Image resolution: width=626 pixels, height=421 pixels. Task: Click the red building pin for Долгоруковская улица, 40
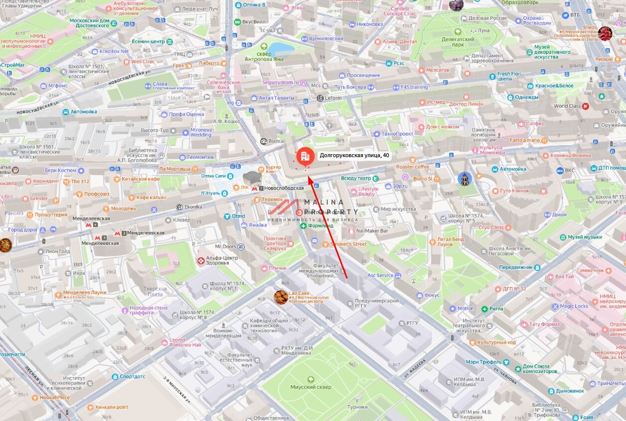[305, 156]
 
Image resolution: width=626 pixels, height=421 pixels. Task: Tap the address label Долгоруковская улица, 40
[354, 155]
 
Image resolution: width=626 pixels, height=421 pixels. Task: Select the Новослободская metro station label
[284, 188]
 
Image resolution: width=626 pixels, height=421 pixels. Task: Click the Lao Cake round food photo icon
[281, 297]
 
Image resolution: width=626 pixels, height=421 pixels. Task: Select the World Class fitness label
[567, 106]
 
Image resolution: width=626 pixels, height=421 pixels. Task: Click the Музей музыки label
[585, 237]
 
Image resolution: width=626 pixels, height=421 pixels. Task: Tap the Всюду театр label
[356, 178]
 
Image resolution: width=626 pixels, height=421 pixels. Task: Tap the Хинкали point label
[112, 407]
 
